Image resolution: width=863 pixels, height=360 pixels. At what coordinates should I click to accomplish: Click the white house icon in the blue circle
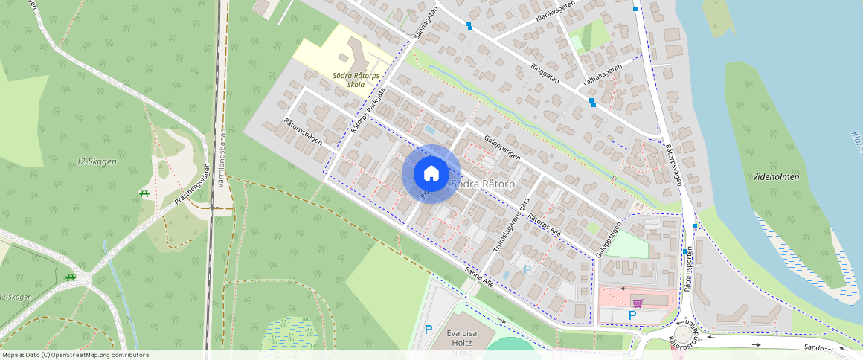[431, 173]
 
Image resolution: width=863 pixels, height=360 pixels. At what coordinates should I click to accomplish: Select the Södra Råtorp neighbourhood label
[481, 183]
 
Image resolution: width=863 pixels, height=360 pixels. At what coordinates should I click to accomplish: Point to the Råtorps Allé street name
[545, 227]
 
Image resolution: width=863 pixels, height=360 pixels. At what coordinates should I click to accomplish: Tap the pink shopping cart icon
[637, 303]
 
